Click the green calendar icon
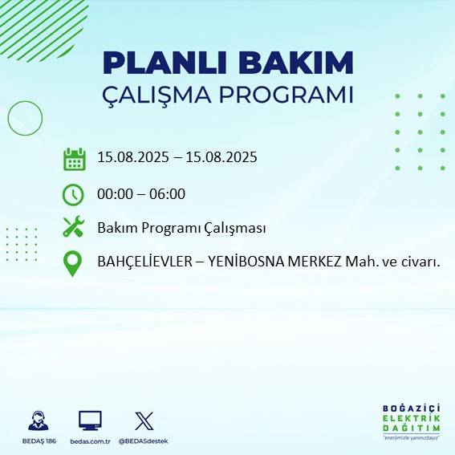click(74, 159)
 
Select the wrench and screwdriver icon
click(74, 227)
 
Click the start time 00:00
click(114, 193)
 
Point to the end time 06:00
click(168, 193)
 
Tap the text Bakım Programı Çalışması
click(181, 228)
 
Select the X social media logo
click(144, 420)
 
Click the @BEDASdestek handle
click(144, 441)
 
